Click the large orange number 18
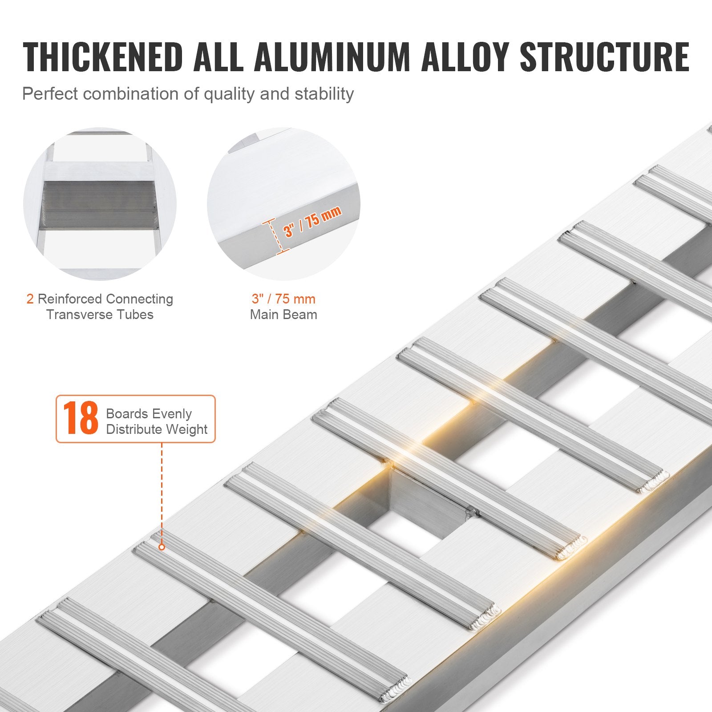80,419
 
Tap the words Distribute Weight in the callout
157,429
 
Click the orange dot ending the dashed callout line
162,546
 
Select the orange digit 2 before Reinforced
30,299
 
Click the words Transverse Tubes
100,315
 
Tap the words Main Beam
283,315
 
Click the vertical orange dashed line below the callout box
162,489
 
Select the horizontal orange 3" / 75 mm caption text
283,299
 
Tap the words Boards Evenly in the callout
149,414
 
